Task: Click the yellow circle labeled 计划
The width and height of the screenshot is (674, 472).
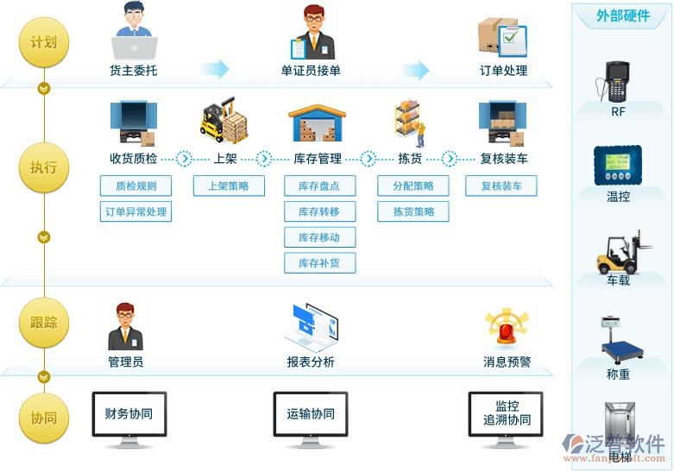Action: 44,42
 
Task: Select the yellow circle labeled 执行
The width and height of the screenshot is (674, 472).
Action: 44,167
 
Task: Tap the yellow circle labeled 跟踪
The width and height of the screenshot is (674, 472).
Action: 44,323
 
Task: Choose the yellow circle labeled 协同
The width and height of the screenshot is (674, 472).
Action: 44,419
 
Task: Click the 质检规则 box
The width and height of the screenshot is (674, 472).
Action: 135,186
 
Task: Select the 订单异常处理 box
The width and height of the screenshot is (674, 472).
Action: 135,211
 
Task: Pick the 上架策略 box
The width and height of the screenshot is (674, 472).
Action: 228,186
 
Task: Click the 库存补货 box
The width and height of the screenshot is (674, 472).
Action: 319,263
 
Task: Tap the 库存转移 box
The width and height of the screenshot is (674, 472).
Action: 319,211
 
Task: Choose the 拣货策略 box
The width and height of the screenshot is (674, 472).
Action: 413,211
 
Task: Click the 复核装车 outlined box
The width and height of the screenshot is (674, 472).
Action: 501,186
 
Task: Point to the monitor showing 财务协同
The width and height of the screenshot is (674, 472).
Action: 129,417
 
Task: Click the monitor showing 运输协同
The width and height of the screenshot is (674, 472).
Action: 311,417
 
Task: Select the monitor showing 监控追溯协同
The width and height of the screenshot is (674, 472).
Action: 507,417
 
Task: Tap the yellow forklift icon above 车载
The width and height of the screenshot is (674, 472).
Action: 618,251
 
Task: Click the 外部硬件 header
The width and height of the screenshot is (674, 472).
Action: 622,16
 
